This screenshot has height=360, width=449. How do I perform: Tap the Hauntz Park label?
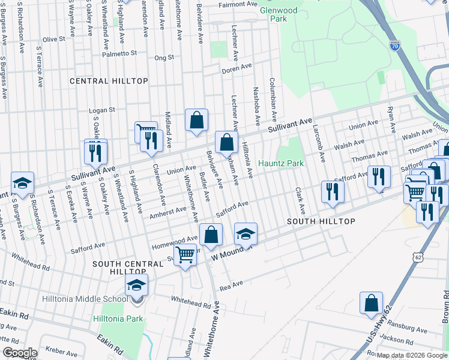point(281,163)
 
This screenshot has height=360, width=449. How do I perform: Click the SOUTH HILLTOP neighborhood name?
point(321,221)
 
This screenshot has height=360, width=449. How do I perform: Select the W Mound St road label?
point(231,253)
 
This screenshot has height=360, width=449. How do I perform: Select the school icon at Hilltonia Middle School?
point(136,285)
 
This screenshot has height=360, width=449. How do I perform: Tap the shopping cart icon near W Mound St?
point(185,254)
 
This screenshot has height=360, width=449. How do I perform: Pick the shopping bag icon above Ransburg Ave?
point(371,302)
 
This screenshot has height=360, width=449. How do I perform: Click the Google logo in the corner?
point(19,353)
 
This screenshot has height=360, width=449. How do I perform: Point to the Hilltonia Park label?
point(118,319)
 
